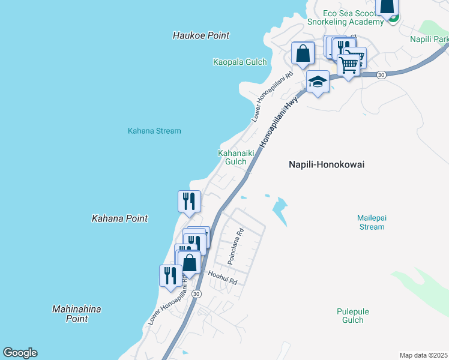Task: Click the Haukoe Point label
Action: [201, 35]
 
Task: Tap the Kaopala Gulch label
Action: [240, 62]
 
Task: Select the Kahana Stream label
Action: [154, 131]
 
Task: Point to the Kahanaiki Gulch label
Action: [235, 157]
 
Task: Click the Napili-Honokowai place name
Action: [327, 164]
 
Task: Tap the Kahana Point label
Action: [119, 219]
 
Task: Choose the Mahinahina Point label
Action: [77, 314]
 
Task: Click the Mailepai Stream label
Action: [370, 222]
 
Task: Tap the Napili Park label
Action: [429, 40]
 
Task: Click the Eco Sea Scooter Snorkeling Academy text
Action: [345, 17]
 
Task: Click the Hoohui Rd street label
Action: [223, 278]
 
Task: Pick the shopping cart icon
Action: [349, 63]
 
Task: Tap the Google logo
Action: [20, 353]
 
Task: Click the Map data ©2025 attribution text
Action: [424, 355]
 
